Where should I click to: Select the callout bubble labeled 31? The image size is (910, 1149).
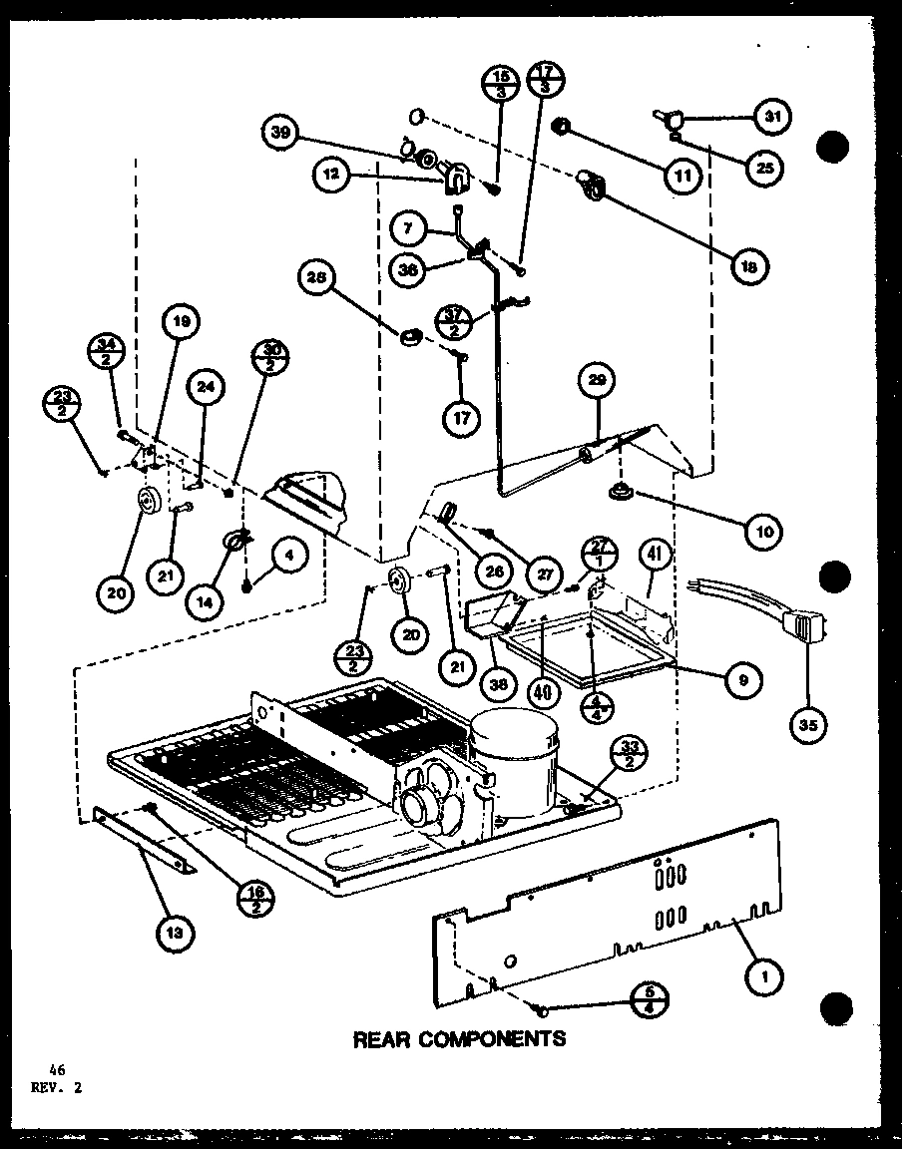pos(770,117)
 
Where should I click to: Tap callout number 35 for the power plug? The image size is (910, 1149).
pos(806,726)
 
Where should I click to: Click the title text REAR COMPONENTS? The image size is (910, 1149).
pos(459,1039)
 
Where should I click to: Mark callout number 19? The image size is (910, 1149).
pos(180,322)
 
